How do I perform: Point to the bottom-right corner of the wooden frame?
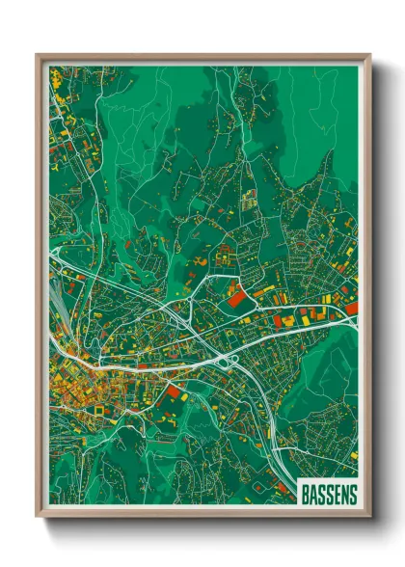tap(369, 518)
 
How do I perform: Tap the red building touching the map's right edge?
tap(352, 309)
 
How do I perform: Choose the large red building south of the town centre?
tap(174, 391)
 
